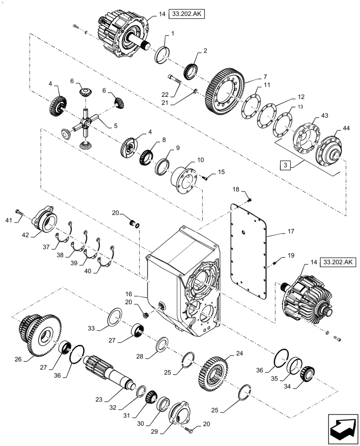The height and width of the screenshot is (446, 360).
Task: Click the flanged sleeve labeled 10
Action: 184,178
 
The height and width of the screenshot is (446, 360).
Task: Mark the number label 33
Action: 91,329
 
